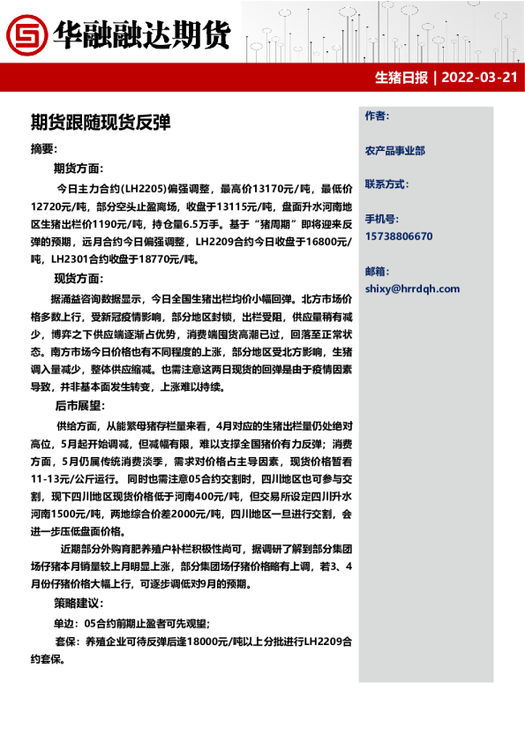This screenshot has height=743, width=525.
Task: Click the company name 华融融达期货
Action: coord(141,34)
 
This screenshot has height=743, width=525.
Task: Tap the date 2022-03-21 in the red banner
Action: coord(478,77)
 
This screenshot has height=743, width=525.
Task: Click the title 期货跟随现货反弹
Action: coord(100,122)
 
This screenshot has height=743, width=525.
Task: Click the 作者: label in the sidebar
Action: coord(376,116)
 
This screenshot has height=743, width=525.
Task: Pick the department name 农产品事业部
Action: coord(394,151)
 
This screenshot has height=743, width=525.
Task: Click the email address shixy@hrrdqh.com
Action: coord(412,289)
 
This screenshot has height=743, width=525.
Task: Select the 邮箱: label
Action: coord(376,270)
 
